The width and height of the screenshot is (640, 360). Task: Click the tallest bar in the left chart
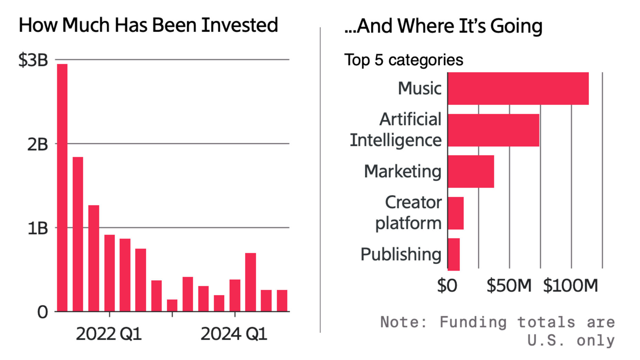coord(62,188)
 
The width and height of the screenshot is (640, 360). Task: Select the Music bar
coord(518,88)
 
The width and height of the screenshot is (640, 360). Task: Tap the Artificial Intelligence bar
coord(493,130)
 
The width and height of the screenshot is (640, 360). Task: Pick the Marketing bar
coord(471,171)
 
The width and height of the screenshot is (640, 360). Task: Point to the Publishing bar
coord(454,254)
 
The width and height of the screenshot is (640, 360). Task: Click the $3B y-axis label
coord(33,60)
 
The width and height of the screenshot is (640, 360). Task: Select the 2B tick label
coord(37,145)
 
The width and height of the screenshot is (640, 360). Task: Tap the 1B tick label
coord(37,229)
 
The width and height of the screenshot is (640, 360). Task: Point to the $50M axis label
coord(509,286)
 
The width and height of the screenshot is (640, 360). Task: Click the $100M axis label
coord(570,286)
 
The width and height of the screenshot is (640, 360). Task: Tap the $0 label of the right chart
coord(447,286)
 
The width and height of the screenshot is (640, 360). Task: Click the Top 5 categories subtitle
coord(404,60)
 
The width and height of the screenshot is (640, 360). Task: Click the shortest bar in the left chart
coord(172,306)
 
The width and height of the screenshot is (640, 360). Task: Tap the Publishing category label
coord(401,255)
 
